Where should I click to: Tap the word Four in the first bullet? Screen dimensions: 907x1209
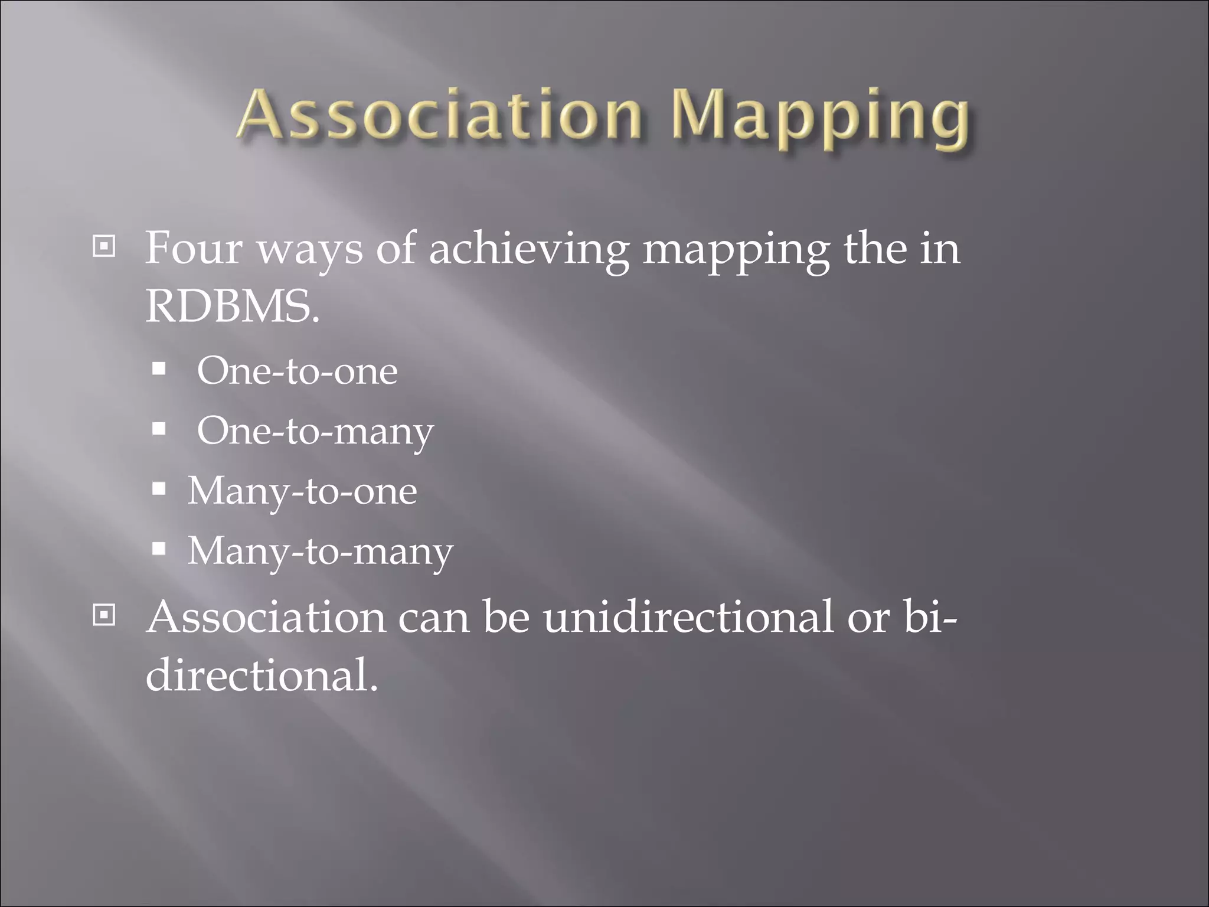pos(194,248)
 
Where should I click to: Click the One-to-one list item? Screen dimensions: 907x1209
pos(297,371)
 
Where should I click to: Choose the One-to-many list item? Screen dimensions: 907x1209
pos(315,432)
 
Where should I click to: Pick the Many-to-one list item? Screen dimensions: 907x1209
pos(302,491)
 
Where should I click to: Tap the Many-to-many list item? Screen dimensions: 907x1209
pos(320,552)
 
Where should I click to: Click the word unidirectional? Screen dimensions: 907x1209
pos(688,616)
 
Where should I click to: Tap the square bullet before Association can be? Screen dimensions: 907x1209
pos(104,615)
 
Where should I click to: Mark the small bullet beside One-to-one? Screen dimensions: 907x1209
pos(159,370)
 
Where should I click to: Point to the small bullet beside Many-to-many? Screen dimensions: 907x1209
pos(159,549)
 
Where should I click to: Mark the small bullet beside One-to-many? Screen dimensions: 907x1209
pos(159,429)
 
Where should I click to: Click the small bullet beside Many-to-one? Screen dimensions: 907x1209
pos(159,489)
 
